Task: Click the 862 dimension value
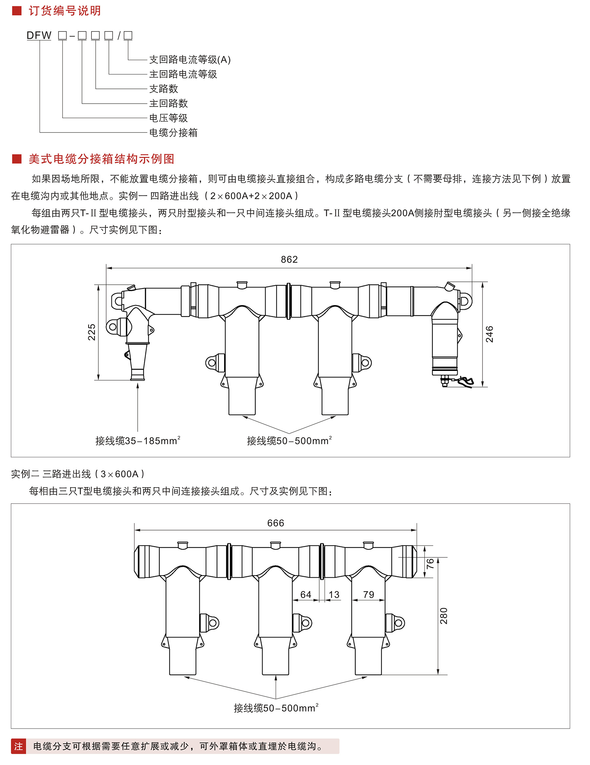tap(289, 259)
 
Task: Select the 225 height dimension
tap(92, 332)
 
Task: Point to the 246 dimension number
tap(489, 334)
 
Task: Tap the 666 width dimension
tap(275, 523)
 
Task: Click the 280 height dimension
tap(444, 616)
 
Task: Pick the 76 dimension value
tap(430, 564)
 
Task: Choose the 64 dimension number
tap(305, 594)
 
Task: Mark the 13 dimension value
tap(334, 594)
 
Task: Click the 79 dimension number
tap(368, 594)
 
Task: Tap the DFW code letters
tap(39, 35)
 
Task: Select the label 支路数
tap(164, 89)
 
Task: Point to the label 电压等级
tap(168, 118)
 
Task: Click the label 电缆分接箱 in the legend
tap(173, 133)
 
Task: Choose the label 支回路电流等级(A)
tap(190, 60)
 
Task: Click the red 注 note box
tap(19, 746)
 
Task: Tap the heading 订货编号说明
tap(65, 11)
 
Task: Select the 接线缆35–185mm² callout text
tap(138, 441)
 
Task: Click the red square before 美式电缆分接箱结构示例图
tap(16, 159)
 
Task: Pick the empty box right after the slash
tap(128, 35)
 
